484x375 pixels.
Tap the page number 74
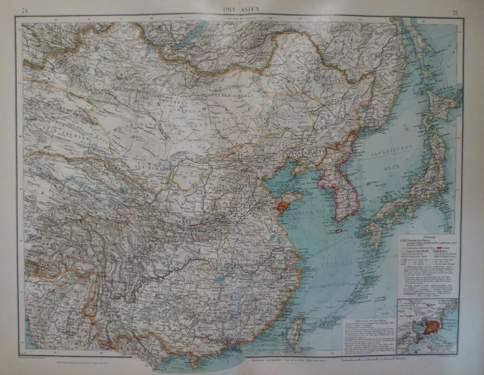[x=26, y=10]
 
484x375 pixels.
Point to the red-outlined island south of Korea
[x=339, y=230]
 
